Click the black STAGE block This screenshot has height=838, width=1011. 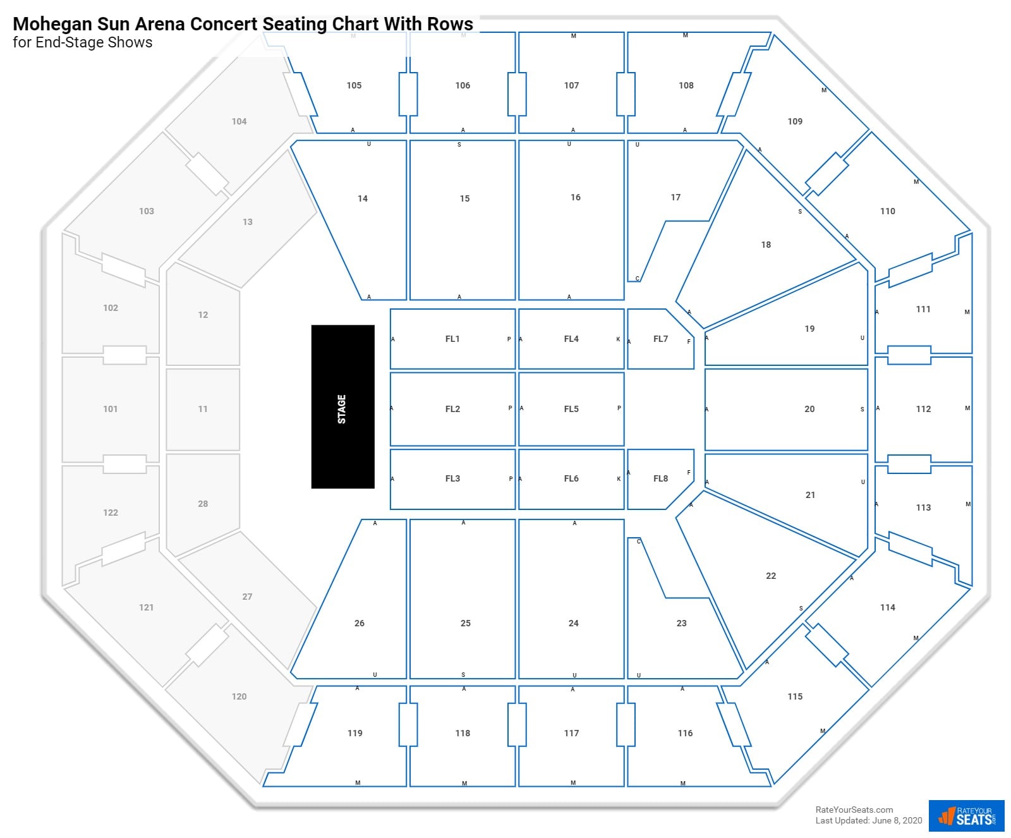342,406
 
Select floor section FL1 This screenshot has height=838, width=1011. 452,339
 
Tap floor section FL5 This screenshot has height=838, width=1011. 571,409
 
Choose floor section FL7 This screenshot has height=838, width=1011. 660,339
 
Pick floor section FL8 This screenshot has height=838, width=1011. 660,478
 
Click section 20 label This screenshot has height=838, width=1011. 809,409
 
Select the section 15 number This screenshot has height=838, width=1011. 464,198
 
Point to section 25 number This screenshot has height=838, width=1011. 465,623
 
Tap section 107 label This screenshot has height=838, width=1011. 571,85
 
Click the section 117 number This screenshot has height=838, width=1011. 571,733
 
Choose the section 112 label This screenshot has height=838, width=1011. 923,409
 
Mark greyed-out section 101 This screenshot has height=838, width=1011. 111,409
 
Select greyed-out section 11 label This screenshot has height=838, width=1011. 203,409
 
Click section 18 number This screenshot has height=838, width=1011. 766,245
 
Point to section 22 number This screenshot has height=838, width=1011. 771,576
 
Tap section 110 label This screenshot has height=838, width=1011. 888,211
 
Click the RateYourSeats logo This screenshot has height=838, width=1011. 966,816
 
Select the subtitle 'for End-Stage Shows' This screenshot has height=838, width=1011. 82,42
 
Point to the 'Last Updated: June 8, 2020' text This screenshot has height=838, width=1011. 869,820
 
